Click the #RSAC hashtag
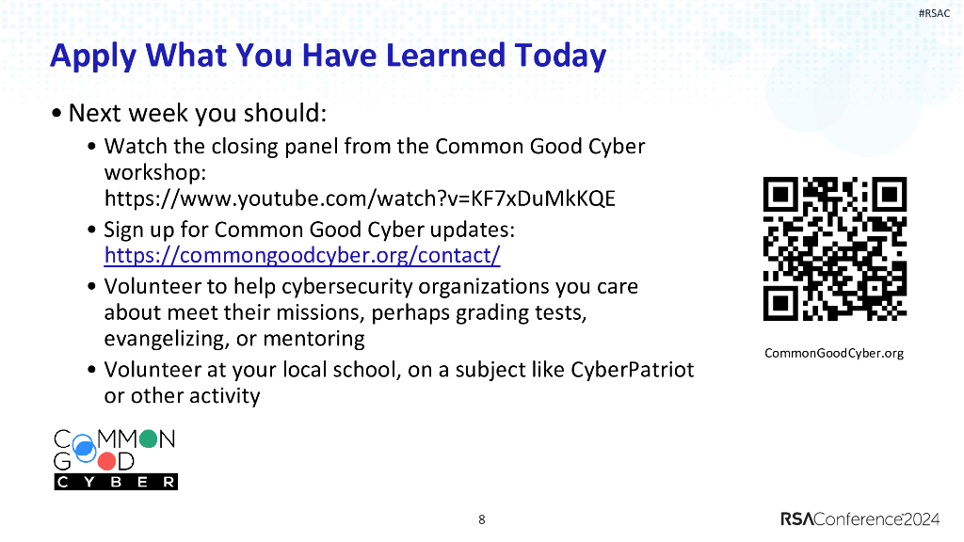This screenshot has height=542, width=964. pyautogui.click(x=933, y=13)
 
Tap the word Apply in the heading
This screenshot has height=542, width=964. pyautogui.click(x=88, y=56)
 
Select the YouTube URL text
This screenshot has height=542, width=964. pyautogui.click(x=360, y=199)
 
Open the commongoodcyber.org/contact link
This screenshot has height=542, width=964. pyautogui.click(x=301, y=255)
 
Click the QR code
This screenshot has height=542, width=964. pyautogui.click(x=834, y=248)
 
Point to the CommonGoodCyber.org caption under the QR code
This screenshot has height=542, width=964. pyautogui.click(x=834, y=354)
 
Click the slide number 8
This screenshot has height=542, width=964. pyautogui.click(x=482, y=519)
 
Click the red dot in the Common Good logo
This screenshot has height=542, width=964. pyautogui.click(x=107, y=461)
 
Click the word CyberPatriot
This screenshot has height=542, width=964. pyautogui.click(x=632, y=370)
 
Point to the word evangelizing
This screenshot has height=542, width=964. pyautogui.click(x=165, y=339)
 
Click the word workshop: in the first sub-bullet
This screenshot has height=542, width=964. pyautogui.click(x=154, y=173)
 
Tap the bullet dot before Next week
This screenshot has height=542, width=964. pyautogui.click(x=58, y=114)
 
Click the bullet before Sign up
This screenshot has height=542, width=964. pyautogui.click(x=90, y=231)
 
